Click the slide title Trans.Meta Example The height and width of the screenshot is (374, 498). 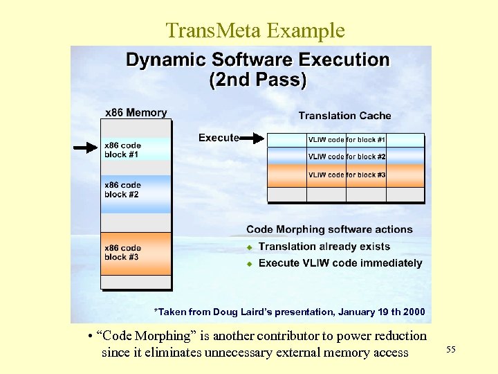[255, 30]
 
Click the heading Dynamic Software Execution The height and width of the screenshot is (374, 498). [257, 60]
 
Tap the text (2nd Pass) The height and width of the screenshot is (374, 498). [257, 80]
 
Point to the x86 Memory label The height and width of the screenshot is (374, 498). [136, 112]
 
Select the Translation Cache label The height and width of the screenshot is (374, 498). [344, 116]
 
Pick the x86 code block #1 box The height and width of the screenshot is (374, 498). [136, 150]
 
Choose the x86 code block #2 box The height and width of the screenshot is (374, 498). [136, 190]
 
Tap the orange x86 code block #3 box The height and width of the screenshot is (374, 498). [136, 253]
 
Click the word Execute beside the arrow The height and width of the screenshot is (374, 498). [219, 138]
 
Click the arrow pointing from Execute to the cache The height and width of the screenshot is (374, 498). [252, 139]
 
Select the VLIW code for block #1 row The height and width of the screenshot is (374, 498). [346, 140]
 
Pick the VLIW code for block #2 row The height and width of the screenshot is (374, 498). [346, 157]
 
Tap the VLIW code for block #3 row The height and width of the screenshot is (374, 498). [346, 175]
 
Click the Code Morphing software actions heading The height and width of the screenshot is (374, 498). [329, 229]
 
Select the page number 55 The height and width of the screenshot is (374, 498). [451, 350]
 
